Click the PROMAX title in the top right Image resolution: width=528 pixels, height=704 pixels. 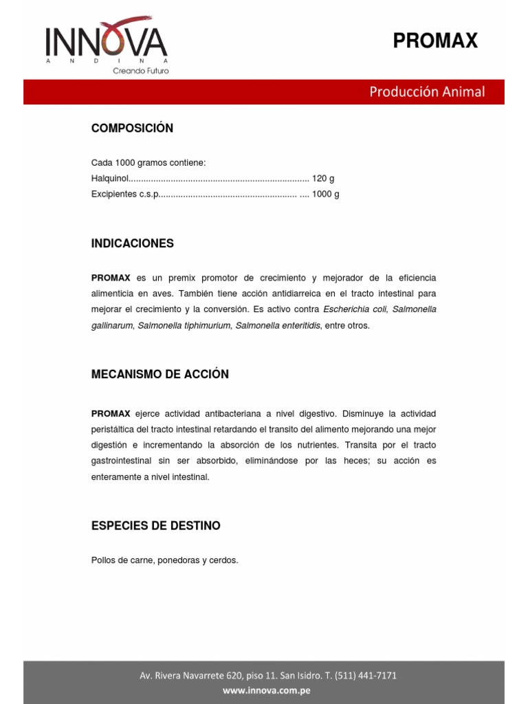pyautogui.click(x=434, y=41)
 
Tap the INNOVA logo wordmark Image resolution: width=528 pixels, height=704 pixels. pyautogui.click(x=107, y=43)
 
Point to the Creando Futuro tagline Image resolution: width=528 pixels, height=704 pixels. pyautogui.click(x=140, y=71)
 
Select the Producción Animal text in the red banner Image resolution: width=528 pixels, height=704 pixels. pyautogui.click(x=427, y=91)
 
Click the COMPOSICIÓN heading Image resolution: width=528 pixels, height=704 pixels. pyautogui.click(x=132, y=129)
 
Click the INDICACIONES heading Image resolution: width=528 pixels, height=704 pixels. pyautogui.click(x=133, y=243)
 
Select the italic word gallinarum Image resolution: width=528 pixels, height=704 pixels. pyautogui.click(x=112, y=325)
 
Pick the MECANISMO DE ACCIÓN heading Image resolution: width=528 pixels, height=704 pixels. pyautogui.click(x=160, y=375)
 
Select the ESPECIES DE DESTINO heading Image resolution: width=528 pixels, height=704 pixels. pyautogui.click(x=156, y=526)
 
